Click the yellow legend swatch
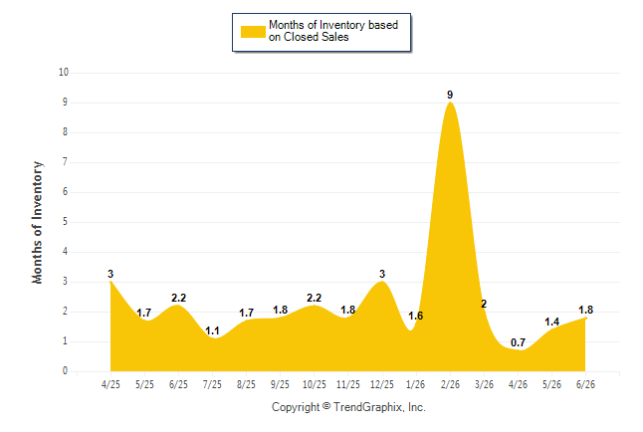tap(253, 32)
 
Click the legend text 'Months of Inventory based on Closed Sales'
tap(333, 31)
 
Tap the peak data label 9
tap(450, 95)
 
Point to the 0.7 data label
tap(518, 342)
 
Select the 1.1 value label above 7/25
tap(212, 330)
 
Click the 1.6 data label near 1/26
tap(415, 316)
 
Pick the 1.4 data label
tap(552, 323)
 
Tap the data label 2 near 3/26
tap(484, 304)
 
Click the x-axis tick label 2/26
tap(450, 384)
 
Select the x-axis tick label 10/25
tap(315, 384)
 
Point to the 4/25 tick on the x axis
tap(110, 384)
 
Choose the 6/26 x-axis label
tap(585, 384)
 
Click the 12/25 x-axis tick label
tap(382, 384)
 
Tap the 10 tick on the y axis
tap(64, 73)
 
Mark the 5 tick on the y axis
tap(65, 222)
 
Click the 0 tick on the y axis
tap(65, 371)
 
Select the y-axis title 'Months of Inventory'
tap(37, 222)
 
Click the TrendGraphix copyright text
tap(348, 407)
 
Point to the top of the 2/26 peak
tap(450, 103)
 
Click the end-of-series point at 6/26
tap(585, 318)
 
